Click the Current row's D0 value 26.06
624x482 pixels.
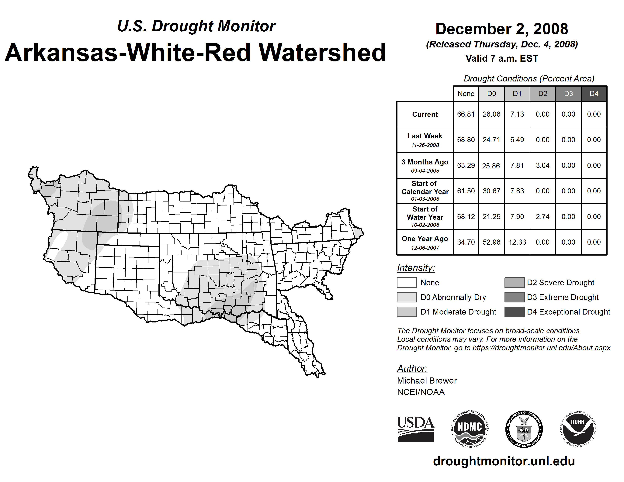click(x=491, y=114)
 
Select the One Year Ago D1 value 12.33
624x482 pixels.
click(x=517, y=242)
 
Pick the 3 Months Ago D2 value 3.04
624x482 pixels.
click(x=543, y=165)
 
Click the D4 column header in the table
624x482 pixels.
click(x=594, y=94)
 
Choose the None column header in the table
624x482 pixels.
click(x=466, y=94)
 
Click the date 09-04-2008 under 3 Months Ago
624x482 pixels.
click(x=425, y=171)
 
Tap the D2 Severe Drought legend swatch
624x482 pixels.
click(x=514, y=282)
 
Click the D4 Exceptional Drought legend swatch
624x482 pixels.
click(x=514, y=312)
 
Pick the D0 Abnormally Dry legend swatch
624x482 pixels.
click(x=407, y=297)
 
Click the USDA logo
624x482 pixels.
click(x=415, y=429)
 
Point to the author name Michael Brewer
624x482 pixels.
click(x=427, y=381)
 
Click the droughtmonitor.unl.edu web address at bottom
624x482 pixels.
click(x=504, y=461)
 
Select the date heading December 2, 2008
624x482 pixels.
click(x=502, y=29)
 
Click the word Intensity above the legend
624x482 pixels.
click(x=416, y=268)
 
